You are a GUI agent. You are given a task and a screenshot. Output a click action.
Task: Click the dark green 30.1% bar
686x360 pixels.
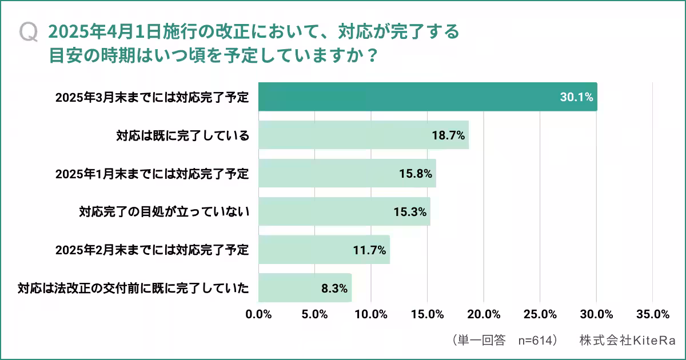tap(428, 97)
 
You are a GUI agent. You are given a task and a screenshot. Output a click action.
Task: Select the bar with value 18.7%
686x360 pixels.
tap(364, 135)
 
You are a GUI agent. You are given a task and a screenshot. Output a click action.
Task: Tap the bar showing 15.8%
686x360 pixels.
tap(347, 173)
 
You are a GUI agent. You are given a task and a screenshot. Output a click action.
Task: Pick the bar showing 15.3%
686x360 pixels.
tap(344, 211)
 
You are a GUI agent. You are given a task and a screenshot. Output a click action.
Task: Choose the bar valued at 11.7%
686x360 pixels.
tap(324, 250)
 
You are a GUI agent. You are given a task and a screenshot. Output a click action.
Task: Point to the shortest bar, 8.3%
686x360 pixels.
tap(305, 287)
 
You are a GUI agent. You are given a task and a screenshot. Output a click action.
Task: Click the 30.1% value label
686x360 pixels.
tap(576, 97)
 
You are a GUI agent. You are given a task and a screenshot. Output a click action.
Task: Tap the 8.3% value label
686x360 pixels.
tap(334, 288)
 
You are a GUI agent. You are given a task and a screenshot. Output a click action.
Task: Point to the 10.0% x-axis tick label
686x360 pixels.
tap(371, 314)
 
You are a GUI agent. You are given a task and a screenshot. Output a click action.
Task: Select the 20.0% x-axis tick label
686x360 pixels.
tap(484, 314)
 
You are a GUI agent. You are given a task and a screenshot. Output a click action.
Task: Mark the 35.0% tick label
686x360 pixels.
tap(652, 314)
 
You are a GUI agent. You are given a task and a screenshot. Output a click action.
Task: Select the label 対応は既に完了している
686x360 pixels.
tap(183, 135)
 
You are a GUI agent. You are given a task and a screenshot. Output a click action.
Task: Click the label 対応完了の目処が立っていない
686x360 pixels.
tap(164, 212)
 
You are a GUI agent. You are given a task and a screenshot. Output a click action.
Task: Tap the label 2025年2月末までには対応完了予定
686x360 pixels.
tap(152, 250)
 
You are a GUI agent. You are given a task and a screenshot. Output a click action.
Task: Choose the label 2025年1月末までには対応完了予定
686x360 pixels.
tap(152, 174)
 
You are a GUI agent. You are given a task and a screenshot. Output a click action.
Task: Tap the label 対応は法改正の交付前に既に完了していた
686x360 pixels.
tap(133, 288)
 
